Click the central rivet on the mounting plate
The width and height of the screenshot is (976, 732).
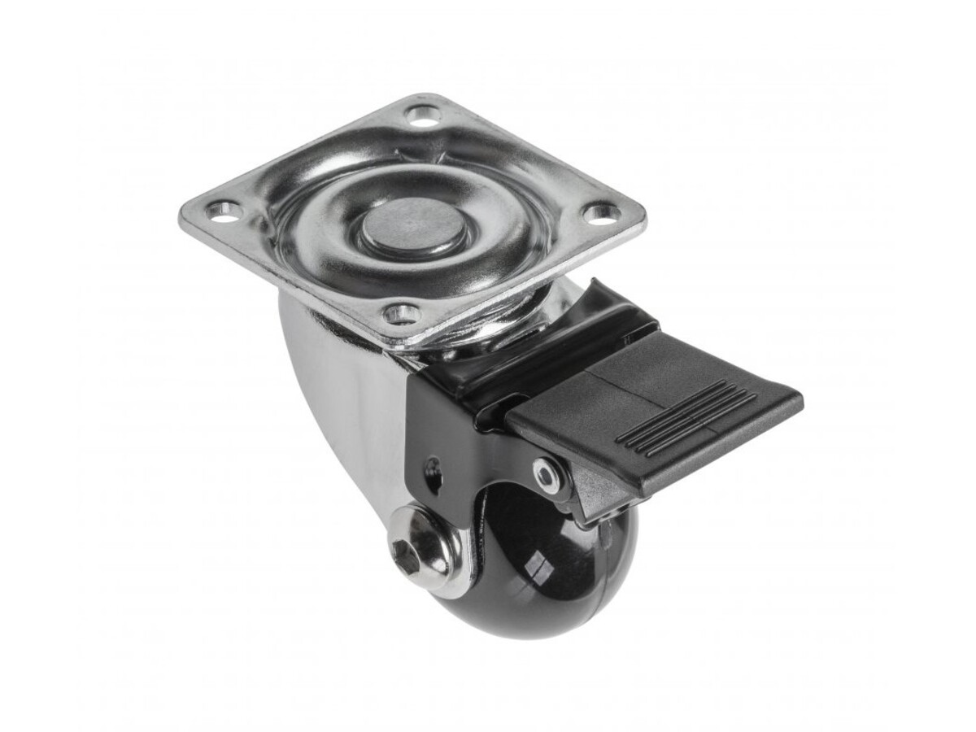pos(414,227)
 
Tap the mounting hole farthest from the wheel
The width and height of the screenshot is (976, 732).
pos(422,116)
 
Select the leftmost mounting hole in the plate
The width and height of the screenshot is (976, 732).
pos(224,211)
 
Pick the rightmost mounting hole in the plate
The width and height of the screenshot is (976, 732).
pos(601,214)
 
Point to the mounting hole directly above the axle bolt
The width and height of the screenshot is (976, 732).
pos(402,312)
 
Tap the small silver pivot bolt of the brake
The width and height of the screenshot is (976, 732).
pos(546,474)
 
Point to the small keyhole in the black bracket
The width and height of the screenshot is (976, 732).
pos(432,473)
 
